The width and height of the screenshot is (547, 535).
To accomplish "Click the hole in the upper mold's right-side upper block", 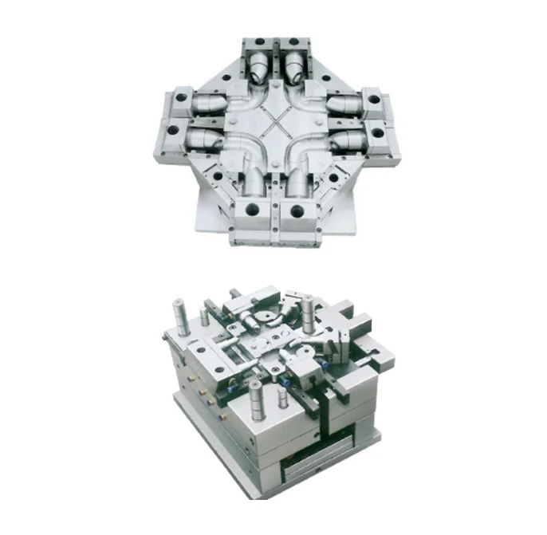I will [x=372, y=101].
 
